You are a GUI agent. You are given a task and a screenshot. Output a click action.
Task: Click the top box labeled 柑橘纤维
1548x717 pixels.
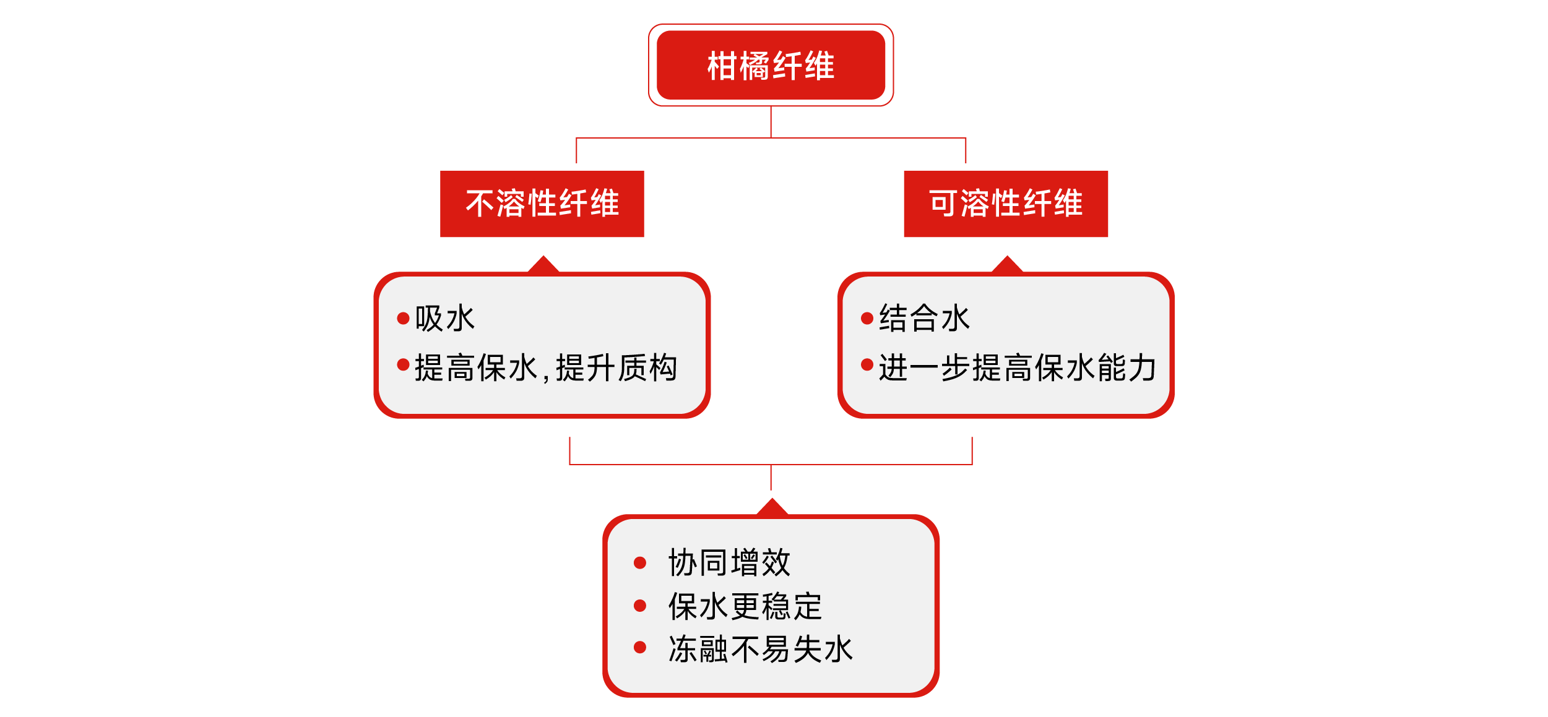click(771, 65)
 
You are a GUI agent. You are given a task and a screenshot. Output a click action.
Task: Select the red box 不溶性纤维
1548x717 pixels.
click(542, 204)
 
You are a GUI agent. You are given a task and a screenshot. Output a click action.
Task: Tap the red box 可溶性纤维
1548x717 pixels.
click(1006, 204)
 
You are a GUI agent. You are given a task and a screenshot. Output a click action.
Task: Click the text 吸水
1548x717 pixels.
click(445, 319)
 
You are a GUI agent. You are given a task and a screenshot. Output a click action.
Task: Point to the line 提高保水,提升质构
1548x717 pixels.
click(546, 368)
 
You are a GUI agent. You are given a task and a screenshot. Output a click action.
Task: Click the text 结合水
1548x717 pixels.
click(924, 319)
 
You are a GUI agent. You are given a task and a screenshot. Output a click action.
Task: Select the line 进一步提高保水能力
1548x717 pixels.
click(1018, 368)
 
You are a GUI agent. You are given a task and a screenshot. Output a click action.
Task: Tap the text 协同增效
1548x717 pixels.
click(729, 563)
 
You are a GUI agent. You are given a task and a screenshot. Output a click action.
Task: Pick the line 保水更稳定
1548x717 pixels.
click(745, 606)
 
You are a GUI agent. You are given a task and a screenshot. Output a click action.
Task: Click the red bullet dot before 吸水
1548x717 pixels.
click(403, 319)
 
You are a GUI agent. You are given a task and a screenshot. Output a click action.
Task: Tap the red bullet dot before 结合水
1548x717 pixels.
click(867, 319)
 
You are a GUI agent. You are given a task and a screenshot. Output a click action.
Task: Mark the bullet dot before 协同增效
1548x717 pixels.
click(640, 562)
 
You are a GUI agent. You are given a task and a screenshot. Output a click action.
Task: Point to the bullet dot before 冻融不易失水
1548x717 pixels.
click(640, 647)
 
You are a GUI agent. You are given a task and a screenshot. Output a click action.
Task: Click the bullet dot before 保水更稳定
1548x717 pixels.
click(640, 606)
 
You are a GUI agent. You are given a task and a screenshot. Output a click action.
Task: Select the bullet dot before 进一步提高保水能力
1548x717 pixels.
click(867, 365)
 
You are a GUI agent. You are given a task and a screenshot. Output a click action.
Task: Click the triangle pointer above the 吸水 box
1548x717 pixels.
click(543, 265)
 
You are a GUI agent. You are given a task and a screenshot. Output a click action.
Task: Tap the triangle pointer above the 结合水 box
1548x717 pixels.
click(1007, 265)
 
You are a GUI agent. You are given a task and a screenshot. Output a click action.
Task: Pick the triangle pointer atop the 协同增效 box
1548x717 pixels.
click(772, 507)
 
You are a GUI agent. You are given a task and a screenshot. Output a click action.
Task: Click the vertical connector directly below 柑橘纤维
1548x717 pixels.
click(771, 122)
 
